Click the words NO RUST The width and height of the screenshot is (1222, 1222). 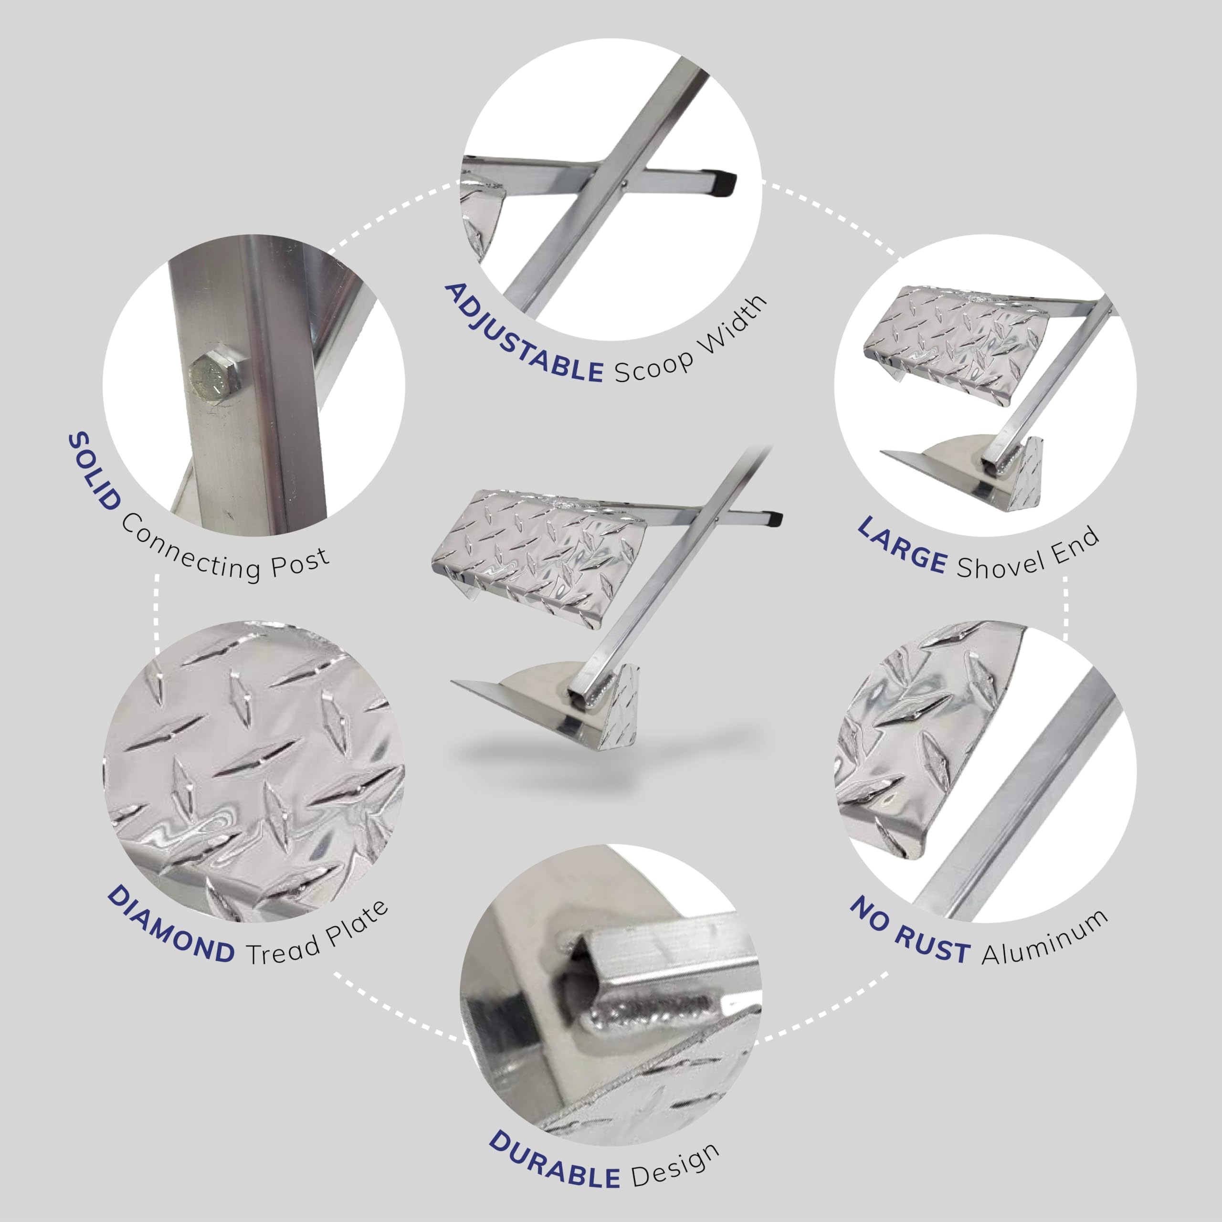(x=909, y=932)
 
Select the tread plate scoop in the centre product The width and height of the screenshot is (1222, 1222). (x=537, y=557)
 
